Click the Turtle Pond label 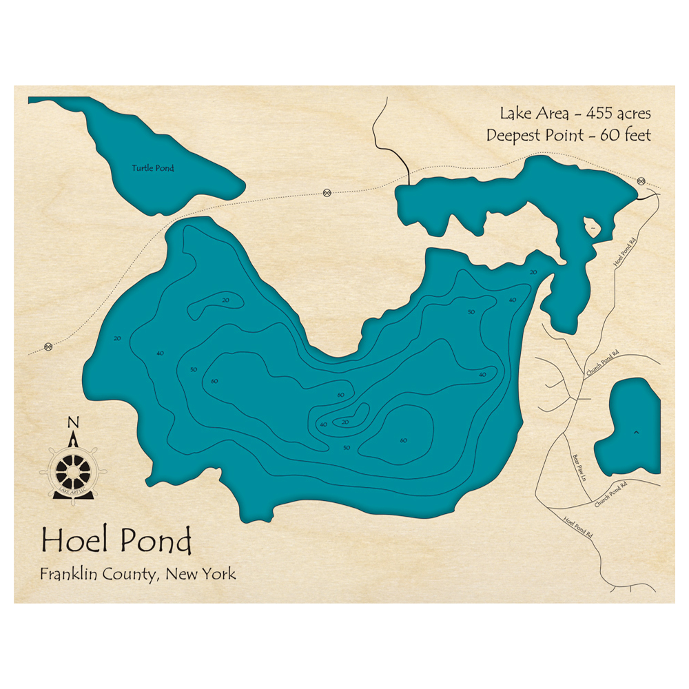pyautogui.click(x=153, y=168)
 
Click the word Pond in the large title pyautogui.click(x=156, y=542)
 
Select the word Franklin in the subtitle pyautogui.click(x=68, y=573)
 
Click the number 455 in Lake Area pyautogui.click(x=594, y=113)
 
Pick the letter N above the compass pyautogui.click(x=74, y=422)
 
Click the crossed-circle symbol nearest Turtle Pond pyautogui.click(x=327, y=192)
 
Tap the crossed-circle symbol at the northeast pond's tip pyautogui.click(x=641, y=181)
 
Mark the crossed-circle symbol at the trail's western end pyautogui.click(x=48, y=347)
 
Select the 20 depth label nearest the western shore pyautogui.click(x=117, y=338)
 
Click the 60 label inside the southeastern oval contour pyautogui.click(x=403, y=440)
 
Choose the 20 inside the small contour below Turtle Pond pyautogui.click(x=225, y=300)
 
